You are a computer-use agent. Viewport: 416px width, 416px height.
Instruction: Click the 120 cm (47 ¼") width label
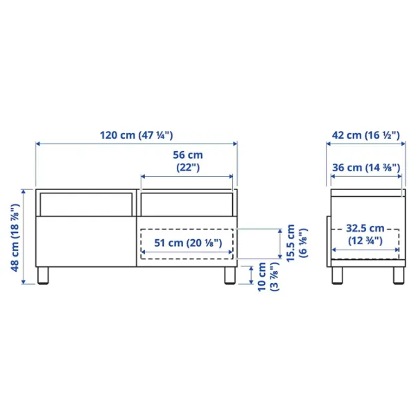click(x=137, y=135)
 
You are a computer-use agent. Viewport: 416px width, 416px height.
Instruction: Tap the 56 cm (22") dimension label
click(x=188, y=161)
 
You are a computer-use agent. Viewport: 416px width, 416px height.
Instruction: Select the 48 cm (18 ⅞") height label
click(x=15, y=237)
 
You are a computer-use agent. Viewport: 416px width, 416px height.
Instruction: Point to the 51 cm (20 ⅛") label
click(x=188, y=243)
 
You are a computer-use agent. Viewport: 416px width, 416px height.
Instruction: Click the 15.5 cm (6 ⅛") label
click(x=297, y=243)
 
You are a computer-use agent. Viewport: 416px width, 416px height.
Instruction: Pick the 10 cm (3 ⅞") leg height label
click(x=268, y=277)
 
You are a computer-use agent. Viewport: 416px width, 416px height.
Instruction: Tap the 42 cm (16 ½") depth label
click(x=365, y=135)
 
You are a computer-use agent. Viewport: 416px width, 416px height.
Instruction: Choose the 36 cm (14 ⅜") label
click(x=366, y=167)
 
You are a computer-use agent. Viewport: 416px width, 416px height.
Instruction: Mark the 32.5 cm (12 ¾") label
click(x=365, y=234)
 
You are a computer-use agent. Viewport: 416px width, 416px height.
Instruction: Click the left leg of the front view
click(x=43, y=275)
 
